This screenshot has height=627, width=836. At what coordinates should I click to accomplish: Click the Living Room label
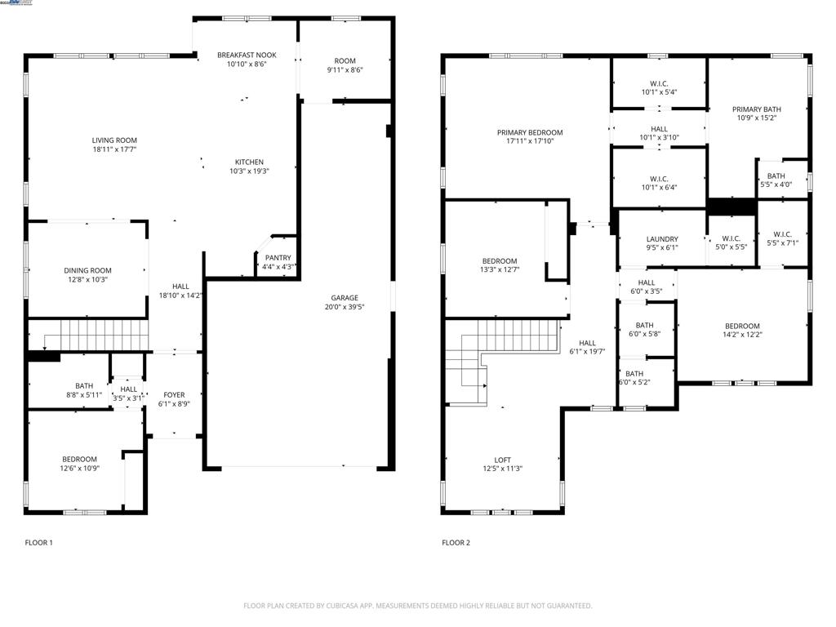click(x=114, y=140)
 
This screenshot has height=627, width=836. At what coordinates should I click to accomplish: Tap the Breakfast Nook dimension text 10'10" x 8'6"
click(x=247, y=64)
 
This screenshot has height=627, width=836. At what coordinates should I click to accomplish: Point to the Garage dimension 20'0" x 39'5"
click(x=345, y=308)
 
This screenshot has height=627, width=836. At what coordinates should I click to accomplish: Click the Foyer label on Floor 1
click(x=174, y=395)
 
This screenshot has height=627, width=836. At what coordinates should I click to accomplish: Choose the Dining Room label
click(x=87, y=270)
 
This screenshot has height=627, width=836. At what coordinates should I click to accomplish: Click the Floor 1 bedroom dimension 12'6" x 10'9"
click(x=79, y=469)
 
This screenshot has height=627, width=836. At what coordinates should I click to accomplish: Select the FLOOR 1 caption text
click(x=38, y=542)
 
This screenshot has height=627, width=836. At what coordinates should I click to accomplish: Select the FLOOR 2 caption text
click(x=456, y=542)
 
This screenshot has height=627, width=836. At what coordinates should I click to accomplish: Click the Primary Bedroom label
click(x=530, y=132)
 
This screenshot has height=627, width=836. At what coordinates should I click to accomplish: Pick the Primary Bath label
click(x=756, y=109)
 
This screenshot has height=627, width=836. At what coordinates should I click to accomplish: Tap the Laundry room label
click(x=662, y=238)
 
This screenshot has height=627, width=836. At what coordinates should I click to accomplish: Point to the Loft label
click(x=502, y=460)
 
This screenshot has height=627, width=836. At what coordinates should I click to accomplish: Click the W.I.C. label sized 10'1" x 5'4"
click(x=659, y=82)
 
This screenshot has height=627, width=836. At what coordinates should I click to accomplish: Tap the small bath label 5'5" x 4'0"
click(x=776, y=176)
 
